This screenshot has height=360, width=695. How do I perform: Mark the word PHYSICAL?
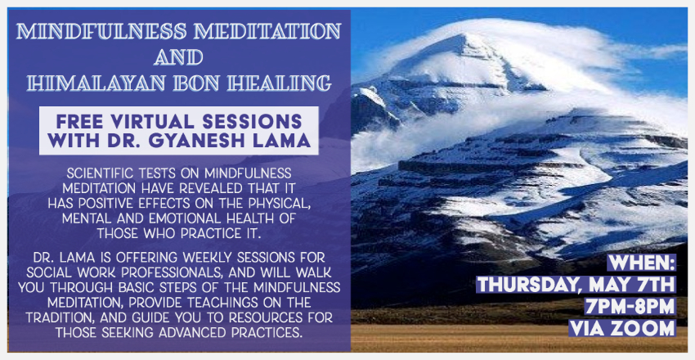(275, 203)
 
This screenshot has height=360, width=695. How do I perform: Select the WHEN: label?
(642, 263)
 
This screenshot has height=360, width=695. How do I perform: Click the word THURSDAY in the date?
(527, 284)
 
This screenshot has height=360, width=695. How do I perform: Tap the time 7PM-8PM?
(630, 306)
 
